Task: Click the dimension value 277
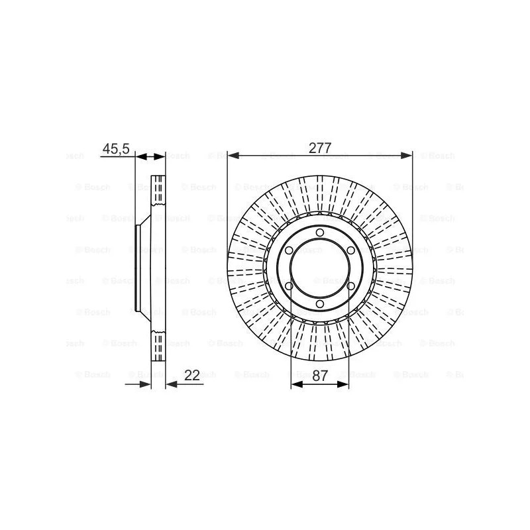coord(320,148)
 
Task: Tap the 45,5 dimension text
coord(116,148)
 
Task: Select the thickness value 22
coord(191,375)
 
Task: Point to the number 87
coord(320,375)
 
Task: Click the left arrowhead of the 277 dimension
coord(234,156)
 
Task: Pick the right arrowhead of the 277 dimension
coord(406,156)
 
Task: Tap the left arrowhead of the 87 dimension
coord(297,384)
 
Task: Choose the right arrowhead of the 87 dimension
coord(343,384)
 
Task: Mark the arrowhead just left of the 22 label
coord(172,384)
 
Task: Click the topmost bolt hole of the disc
coord(320,233)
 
